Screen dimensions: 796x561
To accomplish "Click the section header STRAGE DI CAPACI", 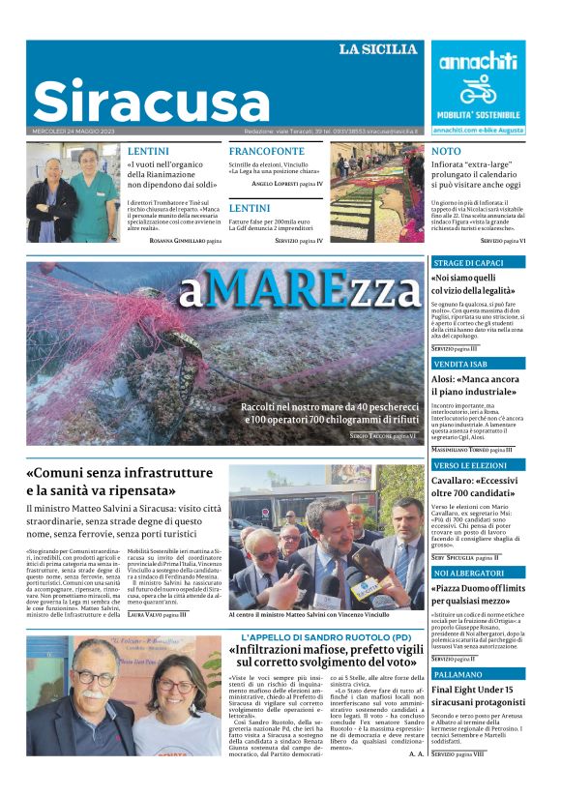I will click(x=468, y=262).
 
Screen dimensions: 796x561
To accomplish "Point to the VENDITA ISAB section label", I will click(x=459, y=363).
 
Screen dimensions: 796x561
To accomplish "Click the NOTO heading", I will click(x=446, y=152).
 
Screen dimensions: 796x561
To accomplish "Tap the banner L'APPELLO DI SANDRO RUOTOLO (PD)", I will click(x=327, y=637).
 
